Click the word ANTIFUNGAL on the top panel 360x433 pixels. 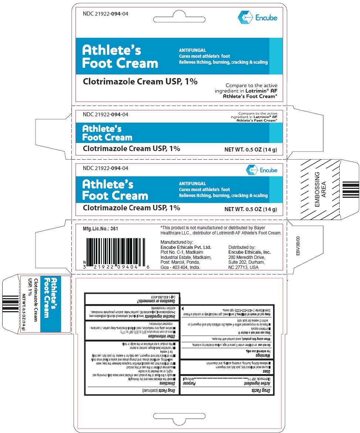[192, 50]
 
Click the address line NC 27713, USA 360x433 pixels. [243, 267]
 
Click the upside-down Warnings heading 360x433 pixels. [254, 355]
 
